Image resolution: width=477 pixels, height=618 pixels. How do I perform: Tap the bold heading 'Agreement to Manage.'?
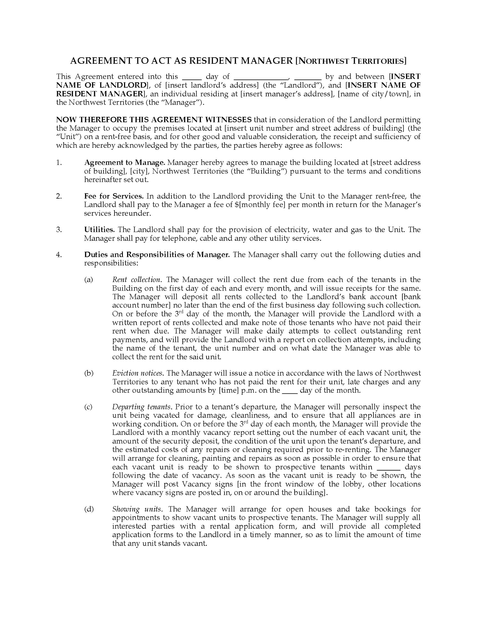click(x=124, y=162)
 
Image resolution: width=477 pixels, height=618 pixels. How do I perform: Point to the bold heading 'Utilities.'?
click(x=99, y=229)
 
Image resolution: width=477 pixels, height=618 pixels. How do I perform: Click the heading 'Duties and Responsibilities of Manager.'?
click(x=157, y=255)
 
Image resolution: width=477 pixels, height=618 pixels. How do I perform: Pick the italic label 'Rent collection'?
click(x=136, y=279)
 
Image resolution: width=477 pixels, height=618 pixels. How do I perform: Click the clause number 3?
click(x=59, y=229)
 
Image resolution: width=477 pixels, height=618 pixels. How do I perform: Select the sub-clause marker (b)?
click(x=89, y=373)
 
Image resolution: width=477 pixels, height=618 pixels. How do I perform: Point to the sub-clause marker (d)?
click(x=89, y=509)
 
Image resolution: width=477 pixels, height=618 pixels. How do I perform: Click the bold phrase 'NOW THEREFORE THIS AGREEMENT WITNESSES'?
click(x=154, y=120)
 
